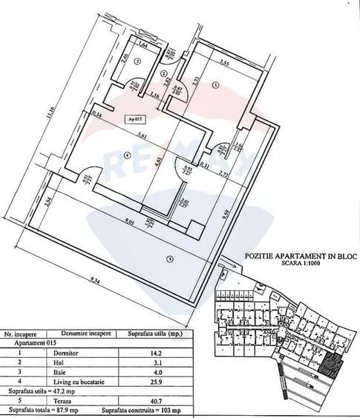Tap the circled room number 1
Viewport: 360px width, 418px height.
tap(215, 85)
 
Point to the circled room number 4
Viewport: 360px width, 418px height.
tap(127, 155)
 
